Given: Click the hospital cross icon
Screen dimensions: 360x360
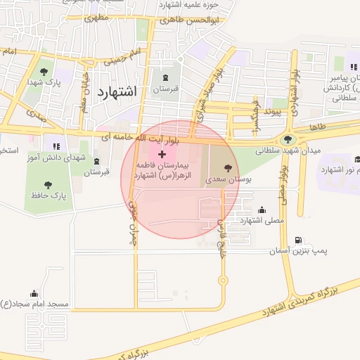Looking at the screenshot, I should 162,154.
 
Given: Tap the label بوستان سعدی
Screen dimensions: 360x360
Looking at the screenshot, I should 228,180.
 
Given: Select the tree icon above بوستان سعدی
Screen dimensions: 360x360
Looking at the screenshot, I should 228,168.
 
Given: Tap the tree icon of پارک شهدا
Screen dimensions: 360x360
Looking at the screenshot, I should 44,71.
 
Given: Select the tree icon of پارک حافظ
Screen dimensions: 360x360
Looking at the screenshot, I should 48,185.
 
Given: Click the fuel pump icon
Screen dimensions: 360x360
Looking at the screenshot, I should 300,240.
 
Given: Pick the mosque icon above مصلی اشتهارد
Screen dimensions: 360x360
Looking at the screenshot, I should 262,210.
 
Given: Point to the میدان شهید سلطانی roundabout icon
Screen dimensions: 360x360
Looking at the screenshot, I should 287,139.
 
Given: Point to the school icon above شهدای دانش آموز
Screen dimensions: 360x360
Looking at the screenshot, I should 56,146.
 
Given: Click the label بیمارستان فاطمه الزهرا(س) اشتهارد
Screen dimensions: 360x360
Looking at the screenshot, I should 162,169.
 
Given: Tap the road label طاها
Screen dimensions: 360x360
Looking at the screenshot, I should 318,127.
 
